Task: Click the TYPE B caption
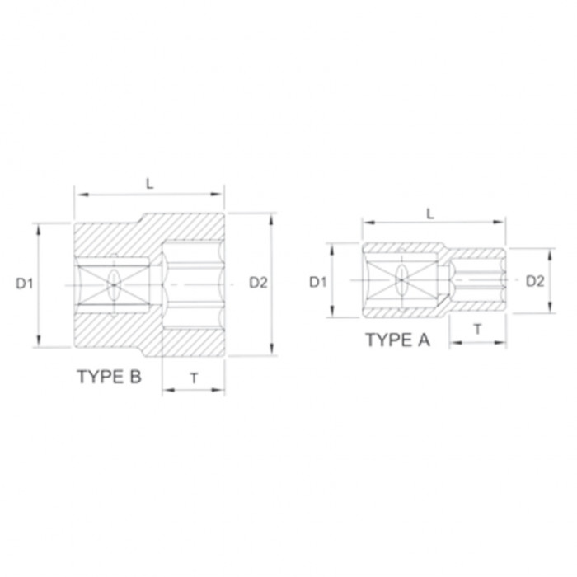[110, 377]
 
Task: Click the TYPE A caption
[397, 340]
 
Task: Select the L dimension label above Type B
[149, 184]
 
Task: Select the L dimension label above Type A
[429, 213]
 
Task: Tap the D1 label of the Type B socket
[25, 284]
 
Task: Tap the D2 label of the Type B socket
[258, 283]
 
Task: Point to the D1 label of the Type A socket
[318, 282]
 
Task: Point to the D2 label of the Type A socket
[535, 281]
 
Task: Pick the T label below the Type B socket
[194, 378]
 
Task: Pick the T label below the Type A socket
[477, 330]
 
